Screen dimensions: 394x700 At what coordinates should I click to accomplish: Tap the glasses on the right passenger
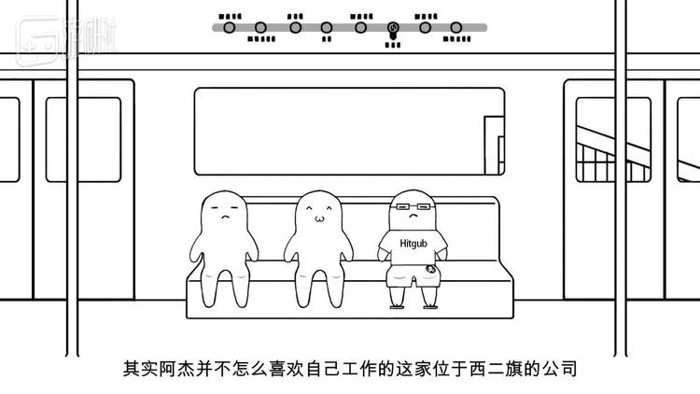pos(411,208)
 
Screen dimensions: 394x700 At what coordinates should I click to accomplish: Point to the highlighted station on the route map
pos(394,28)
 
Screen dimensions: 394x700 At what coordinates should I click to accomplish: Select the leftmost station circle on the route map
pos(228,27)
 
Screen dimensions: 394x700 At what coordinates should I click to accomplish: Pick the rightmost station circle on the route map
pos(456,28)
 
